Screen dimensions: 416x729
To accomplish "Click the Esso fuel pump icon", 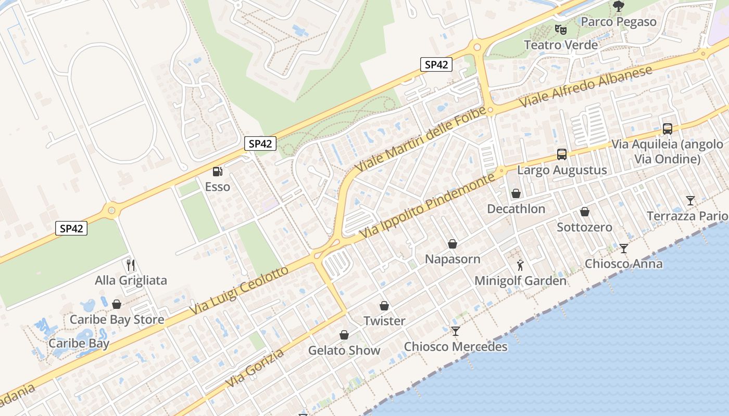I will [217, 171].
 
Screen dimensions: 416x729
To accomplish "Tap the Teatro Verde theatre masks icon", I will [560, 30].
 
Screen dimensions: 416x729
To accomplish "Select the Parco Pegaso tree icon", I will [618, 6].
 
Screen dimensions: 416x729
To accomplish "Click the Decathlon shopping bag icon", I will [516, 193].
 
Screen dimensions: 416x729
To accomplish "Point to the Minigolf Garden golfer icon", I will [520, 265].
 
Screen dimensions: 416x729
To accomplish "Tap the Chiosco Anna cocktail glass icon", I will [623, 248].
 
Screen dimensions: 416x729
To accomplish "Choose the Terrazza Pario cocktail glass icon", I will [690, 200].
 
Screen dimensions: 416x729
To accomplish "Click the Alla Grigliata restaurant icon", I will [131, 265].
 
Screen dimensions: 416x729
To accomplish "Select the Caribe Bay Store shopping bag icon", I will [117, 304].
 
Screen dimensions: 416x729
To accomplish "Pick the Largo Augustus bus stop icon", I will [561, 154].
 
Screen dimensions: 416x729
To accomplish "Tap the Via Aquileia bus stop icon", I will [667, 128].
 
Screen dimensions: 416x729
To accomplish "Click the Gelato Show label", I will [344, 350].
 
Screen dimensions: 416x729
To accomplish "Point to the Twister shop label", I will [384, 321].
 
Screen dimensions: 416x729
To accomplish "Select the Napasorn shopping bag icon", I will [453, 243].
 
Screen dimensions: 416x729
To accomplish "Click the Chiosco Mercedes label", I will [456, 347].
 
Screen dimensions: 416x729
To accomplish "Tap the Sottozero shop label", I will [584, 227].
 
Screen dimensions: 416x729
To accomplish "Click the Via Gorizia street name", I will [255, 369].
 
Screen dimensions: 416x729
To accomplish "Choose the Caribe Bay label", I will [79, 343].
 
